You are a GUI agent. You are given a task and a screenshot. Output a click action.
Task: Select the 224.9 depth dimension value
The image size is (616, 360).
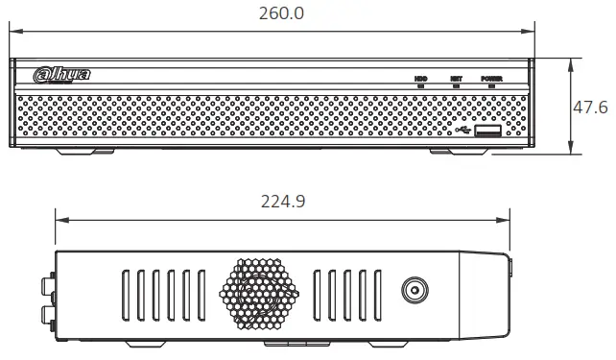pos(282,202)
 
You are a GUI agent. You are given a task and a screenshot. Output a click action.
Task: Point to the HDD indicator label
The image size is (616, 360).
pos(420,78)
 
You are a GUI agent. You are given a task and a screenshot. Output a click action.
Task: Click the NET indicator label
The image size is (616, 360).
pos(456,78)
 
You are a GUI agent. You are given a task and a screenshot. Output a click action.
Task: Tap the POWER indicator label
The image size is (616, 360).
pos(492,78)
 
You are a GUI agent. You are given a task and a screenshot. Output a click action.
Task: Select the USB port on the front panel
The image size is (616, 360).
pos(487,132)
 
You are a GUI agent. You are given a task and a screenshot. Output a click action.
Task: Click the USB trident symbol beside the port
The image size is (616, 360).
pos(465,132)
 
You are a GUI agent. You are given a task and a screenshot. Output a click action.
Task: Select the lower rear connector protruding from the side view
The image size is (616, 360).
pos(45,315)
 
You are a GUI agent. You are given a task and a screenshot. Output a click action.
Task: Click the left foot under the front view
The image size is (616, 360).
pos(85,151)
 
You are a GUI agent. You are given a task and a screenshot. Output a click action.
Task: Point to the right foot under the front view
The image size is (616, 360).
pos(459,151)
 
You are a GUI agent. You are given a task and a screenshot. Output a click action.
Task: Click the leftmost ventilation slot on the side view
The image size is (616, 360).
pos(126,293)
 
